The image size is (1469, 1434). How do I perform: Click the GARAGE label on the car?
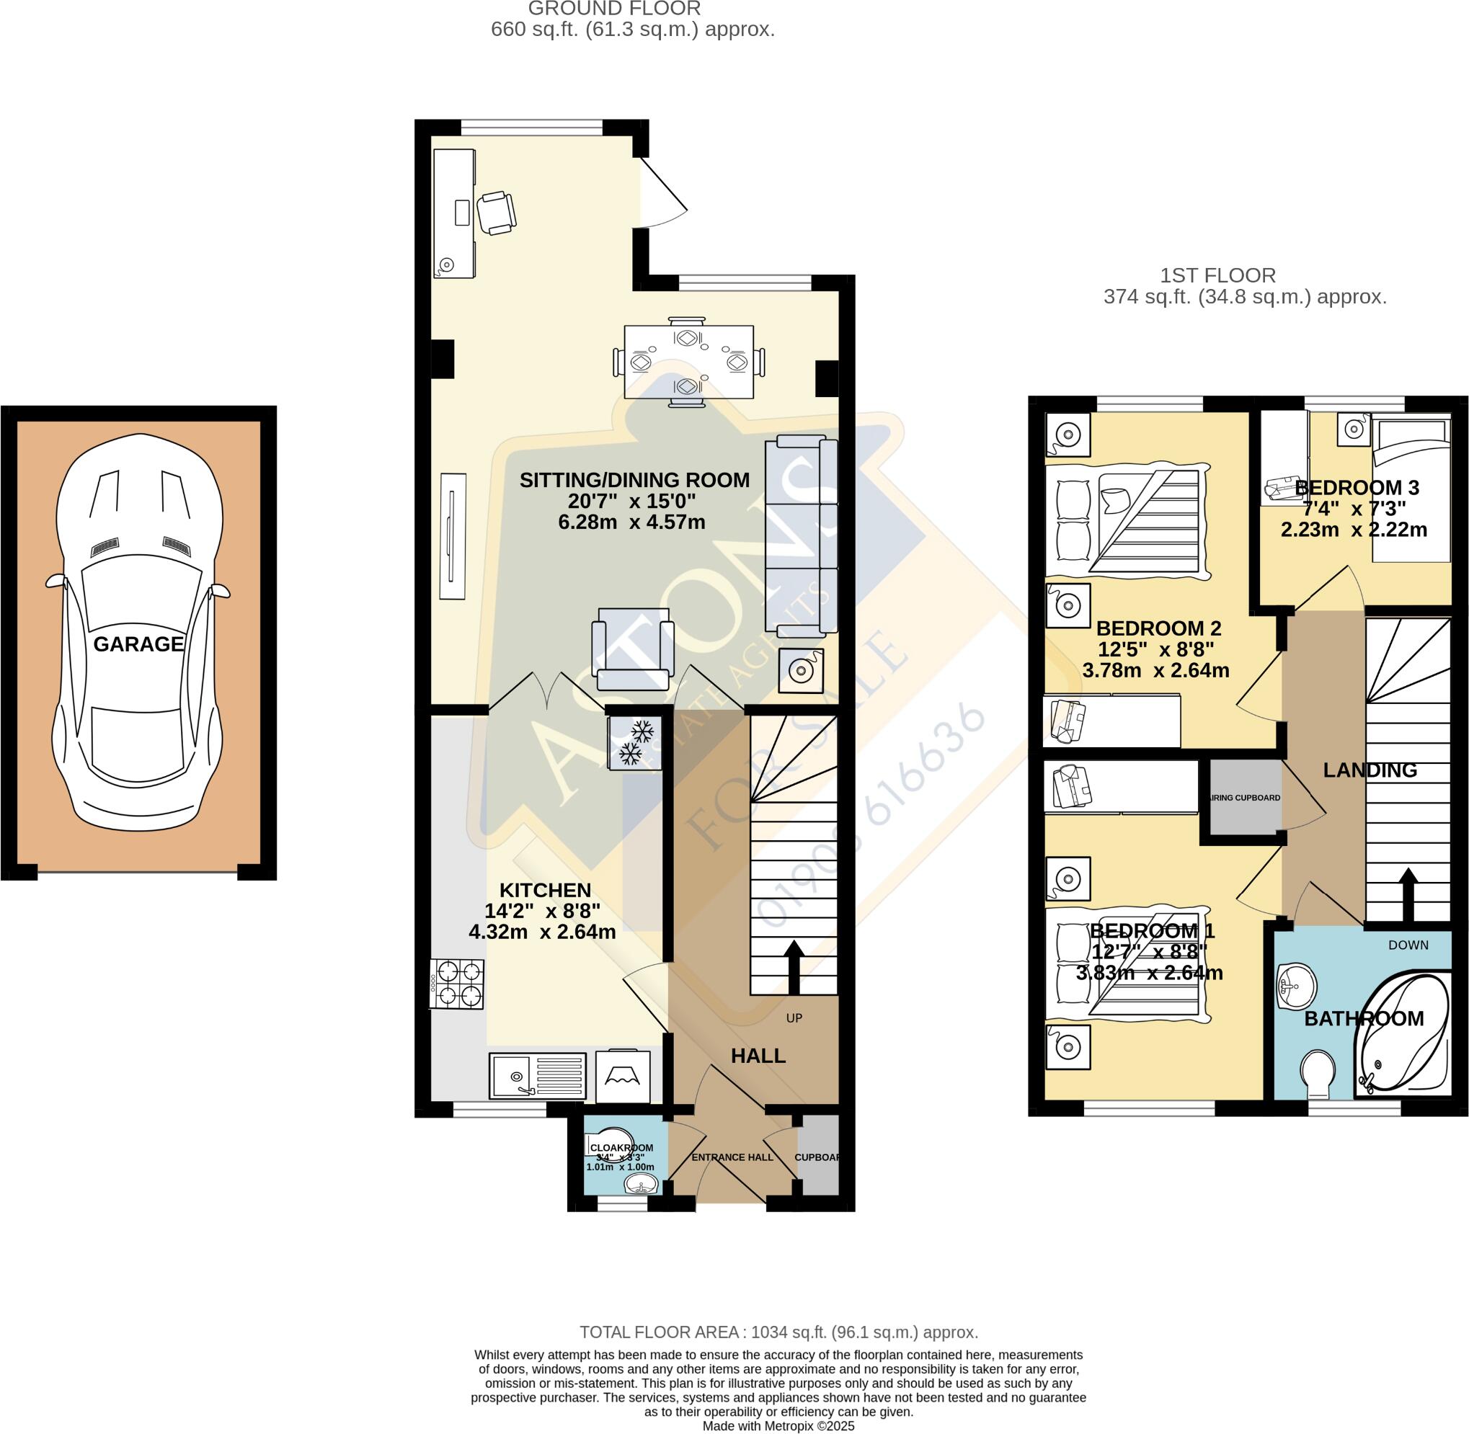(138, 644)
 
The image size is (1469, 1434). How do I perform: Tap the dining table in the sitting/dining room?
(688, 362)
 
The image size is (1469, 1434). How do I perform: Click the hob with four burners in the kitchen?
(458, 984)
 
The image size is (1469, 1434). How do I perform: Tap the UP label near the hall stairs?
(794, 1018)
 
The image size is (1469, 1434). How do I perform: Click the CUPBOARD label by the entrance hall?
(817, 1157)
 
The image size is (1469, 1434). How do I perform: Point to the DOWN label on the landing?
(1408, 945)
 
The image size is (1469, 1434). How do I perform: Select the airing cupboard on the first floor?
(1245, 798)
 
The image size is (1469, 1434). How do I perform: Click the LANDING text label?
(1370, 770)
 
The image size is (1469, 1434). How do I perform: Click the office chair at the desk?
(497, 213)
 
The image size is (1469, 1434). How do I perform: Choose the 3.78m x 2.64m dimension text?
(1155, 670)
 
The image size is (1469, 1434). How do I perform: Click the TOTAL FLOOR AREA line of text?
(778, 1332)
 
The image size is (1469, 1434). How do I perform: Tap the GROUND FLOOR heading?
(614, 9)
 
